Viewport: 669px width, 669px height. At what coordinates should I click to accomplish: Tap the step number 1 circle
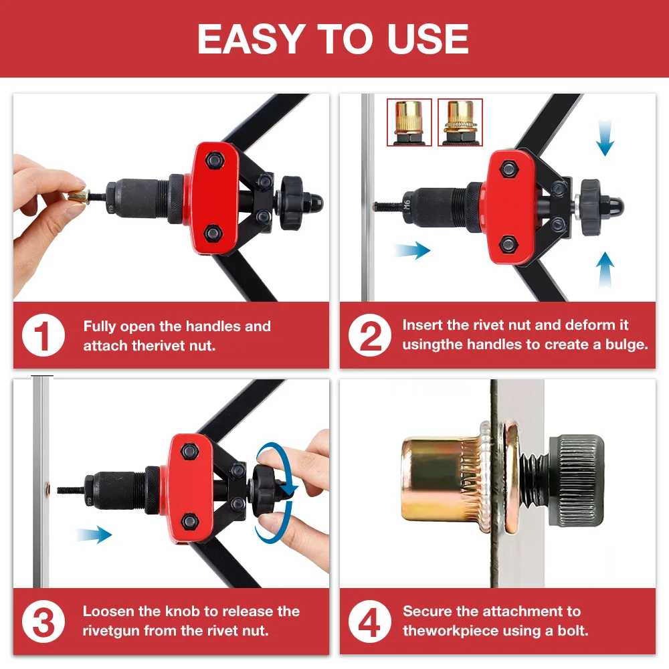(43, 336)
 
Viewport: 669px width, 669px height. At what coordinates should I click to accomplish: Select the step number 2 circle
(370, 336)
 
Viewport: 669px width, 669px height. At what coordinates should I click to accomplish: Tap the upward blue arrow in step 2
(605, 269)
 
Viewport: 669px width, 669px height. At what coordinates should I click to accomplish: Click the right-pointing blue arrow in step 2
(412, 250)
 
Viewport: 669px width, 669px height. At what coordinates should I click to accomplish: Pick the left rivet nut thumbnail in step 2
(409, 122)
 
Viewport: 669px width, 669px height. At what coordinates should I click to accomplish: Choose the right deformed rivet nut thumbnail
(460, 122)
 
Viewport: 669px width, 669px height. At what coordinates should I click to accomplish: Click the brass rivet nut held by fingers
(78, 196)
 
